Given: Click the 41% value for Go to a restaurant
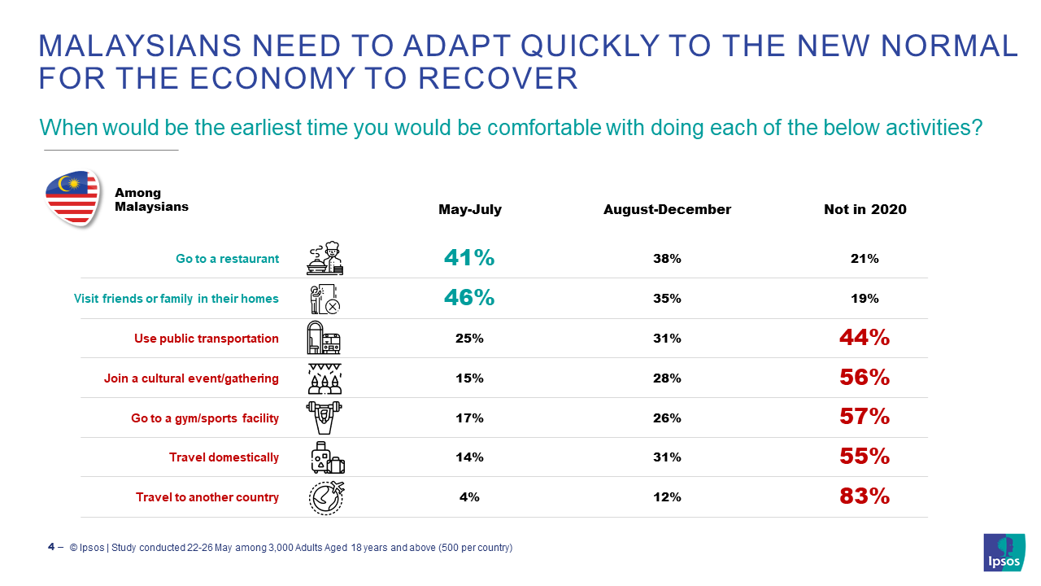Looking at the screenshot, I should [469, 258].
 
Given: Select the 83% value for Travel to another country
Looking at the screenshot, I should [865, 496].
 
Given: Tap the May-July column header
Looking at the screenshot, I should [470, 209].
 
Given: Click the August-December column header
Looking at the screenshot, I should [667, 209].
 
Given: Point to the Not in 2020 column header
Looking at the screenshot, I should [865, 209].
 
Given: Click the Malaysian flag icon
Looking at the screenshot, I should [72, 199].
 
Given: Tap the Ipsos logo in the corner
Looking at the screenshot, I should [1004, 553].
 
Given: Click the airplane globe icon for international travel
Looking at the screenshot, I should [326, 497].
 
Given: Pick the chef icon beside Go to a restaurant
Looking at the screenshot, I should [325, 257].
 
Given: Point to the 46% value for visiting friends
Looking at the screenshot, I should [469, 298].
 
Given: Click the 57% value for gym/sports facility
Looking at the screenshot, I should [865, 418].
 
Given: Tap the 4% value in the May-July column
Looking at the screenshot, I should [469, 497].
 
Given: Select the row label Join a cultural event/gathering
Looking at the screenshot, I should [191, 378].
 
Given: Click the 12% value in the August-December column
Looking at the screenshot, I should [667, 497].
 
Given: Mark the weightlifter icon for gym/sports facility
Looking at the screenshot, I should [325, 418].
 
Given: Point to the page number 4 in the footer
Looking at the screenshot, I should [51, 547].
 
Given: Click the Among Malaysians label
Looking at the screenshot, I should [151, 199].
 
